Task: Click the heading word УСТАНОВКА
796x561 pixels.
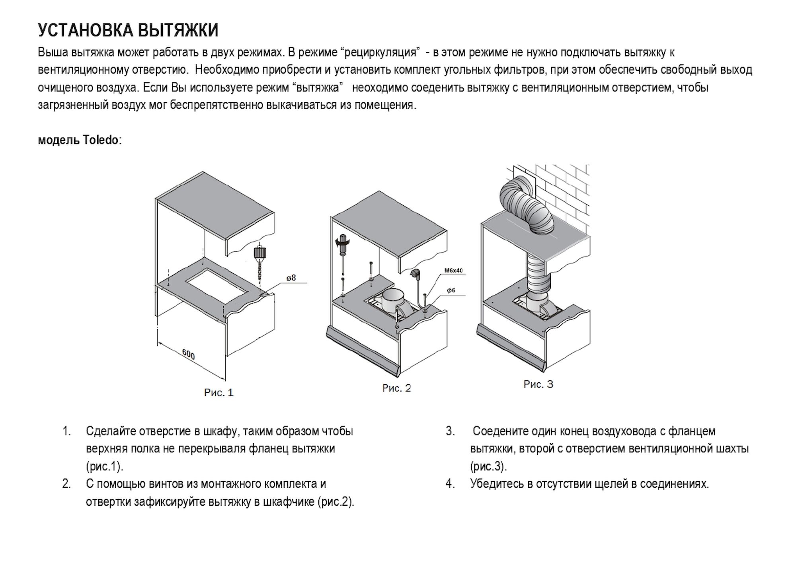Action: [86, 30]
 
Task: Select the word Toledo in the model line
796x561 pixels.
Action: [101, 140]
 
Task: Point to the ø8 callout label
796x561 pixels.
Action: [291, 278]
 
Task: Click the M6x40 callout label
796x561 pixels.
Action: [453, 271]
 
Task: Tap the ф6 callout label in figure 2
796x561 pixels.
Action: [451, 290]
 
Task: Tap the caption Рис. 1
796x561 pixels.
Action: [219, 393]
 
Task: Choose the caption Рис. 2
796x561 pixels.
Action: [396, 388]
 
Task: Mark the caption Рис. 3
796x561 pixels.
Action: [538, 384]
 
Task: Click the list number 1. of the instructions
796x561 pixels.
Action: [66, 431]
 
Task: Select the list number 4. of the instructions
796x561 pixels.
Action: [450, 484]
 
